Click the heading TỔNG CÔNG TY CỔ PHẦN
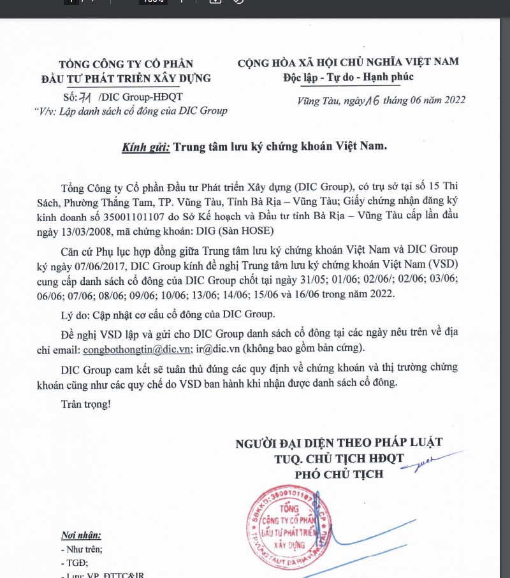[x=125, y=64]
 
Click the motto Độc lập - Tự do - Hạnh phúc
[x=348, y=77]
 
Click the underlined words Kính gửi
[x=146, y=147]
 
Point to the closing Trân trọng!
[x=85, y=405]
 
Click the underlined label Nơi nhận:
[x=81, y=535]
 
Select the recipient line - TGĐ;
[x=74, y=562]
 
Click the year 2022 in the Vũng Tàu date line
[x=453, y=99]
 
